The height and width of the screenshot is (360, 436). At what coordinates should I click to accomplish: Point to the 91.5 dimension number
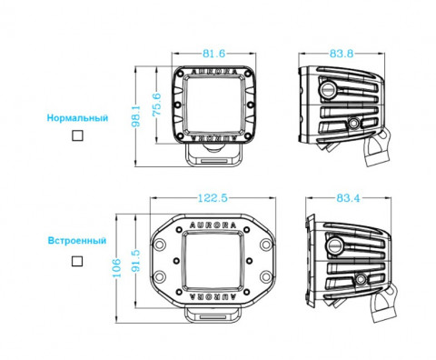tap(135, 260)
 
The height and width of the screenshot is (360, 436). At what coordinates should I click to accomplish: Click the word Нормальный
tap(78, 118)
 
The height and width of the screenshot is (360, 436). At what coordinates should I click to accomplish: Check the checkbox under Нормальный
tap(77, 135)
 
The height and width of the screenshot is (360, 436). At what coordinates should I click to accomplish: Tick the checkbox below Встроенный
tap(77, 260)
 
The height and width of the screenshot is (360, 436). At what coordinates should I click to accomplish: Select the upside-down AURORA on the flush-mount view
tap(217, 295)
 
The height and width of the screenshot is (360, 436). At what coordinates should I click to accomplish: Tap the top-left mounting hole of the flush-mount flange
tap(160, 232)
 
